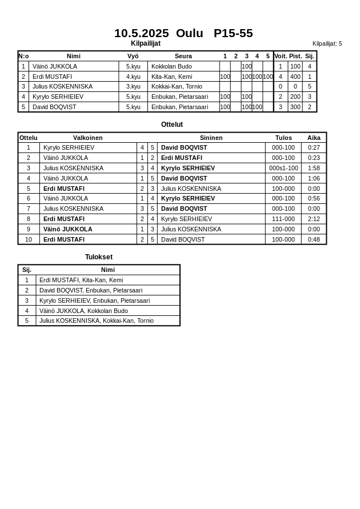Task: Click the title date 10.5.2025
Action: [x=141, y=33]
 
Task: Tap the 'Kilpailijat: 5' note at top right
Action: [x=327, y=43]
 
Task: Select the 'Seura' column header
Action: [x=183, y=56]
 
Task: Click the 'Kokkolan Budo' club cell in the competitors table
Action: [x=171, y=66]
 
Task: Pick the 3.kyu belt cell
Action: [x=133, y=86]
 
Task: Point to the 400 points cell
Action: [x=295, y=77]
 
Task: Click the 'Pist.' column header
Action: [x=295, y=56]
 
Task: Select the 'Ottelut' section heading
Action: [x=172, y=125]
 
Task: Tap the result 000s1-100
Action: [x=283, y=168]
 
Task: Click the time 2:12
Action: [x=314, y=219]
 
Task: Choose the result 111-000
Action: [x=283, y=219]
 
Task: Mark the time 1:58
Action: [x=314, y=168]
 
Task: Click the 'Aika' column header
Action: [x=314, y=138]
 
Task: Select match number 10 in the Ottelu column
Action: [x=29, y=239]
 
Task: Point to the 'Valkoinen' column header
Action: [x=88, y=138]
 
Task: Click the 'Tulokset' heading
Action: [x=99, y=257]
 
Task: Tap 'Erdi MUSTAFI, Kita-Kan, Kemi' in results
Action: [x=81, y=280]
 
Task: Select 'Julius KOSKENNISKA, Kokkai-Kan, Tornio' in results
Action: [x=96, y=320]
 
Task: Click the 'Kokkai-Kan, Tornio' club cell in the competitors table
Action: [x=177, y=86]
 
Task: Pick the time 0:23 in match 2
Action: [x=314, y=158]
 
